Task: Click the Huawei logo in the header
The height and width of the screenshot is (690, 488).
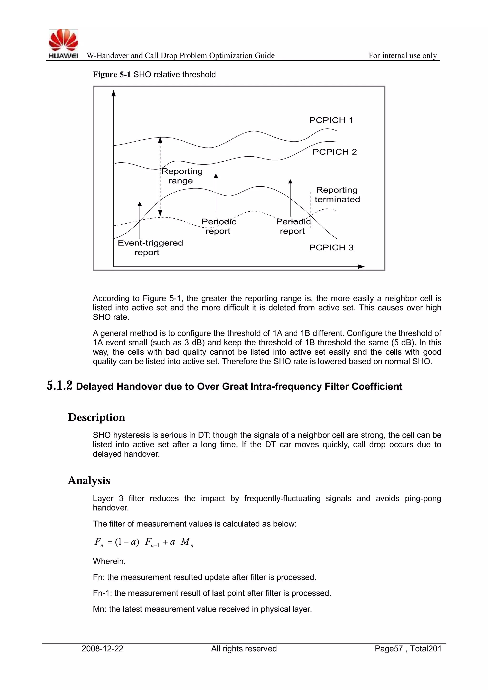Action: [63, 44]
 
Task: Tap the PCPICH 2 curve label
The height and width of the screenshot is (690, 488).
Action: [335, 152]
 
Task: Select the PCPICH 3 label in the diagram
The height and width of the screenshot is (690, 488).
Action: [331, 248]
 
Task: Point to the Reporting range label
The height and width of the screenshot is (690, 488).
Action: [182, 176]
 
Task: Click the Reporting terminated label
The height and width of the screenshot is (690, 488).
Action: [337, 195]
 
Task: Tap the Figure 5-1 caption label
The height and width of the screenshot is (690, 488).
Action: [112, 75]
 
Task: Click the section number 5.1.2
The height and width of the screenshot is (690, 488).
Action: [60, 386]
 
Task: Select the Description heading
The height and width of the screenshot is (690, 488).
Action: [97, 417]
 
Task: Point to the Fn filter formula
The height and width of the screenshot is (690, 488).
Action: [144, 542]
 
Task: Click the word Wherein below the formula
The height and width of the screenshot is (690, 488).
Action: [109, 561]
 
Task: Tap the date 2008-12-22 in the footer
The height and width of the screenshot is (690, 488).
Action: [102, 649]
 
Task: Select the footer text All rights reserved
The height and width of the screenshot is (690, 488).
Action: [244, 649]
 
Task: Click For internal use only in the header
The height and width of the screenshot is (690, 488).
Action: [402, 56]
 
